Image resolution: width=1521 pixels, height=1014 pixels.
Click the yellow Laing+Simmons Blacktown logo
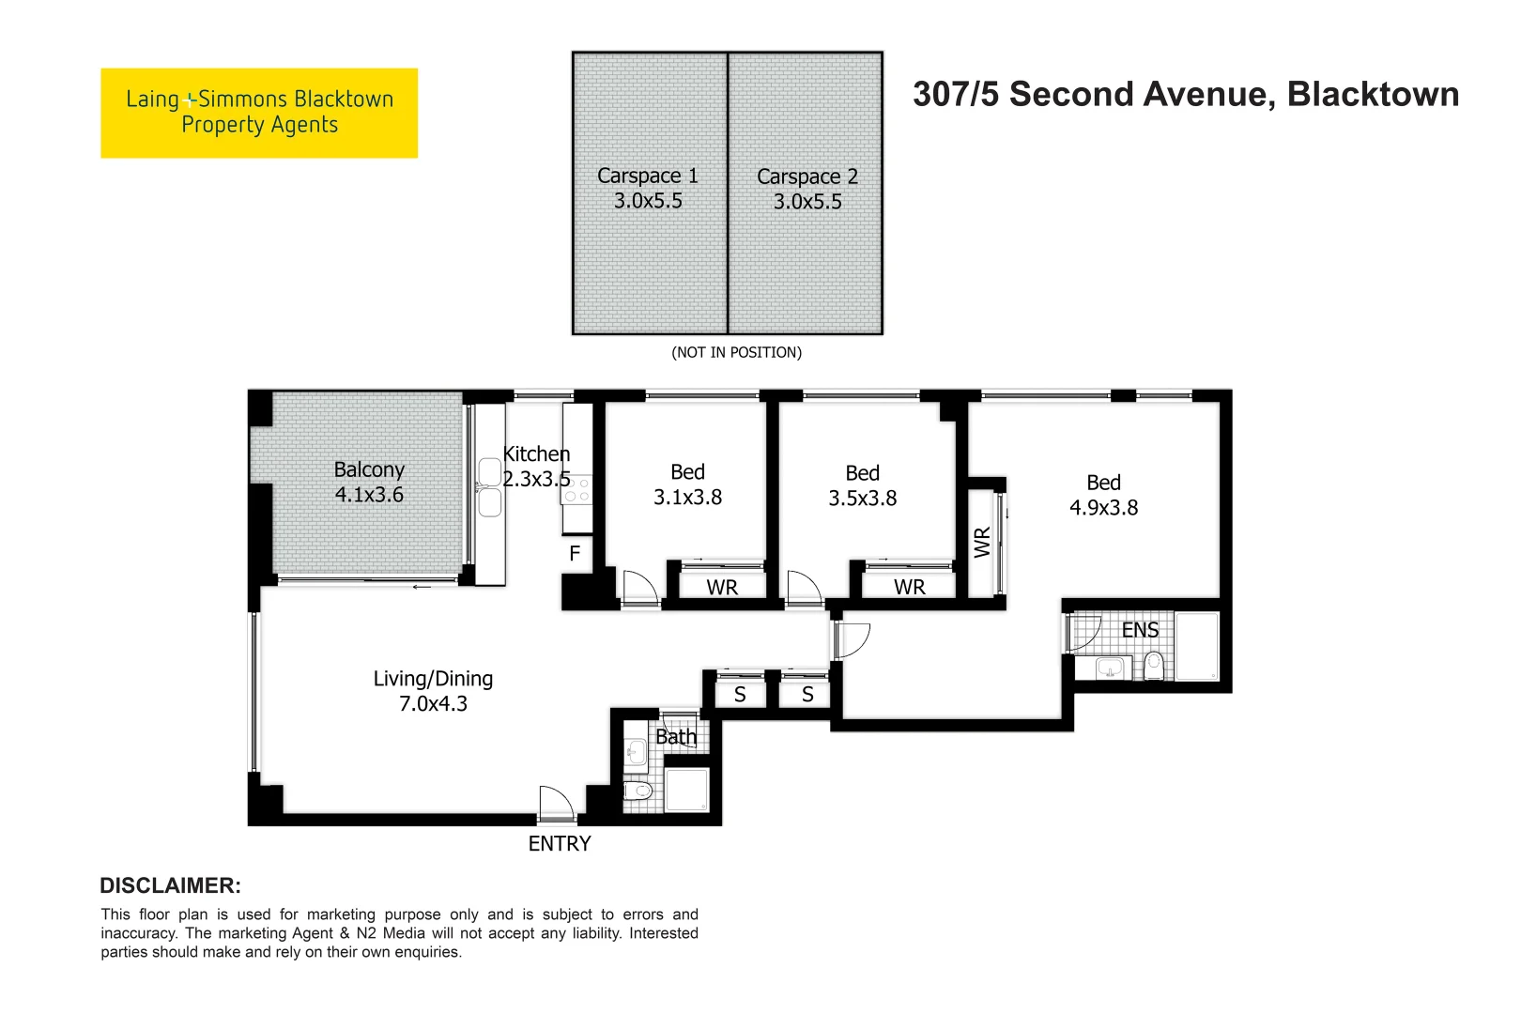[x=259, y=113]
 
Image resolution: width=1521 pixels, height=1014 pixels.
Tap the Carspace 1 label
[x=647, y=176]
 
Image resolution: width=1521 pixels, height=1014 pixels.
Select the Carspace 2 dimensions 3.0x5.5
[x=807, y=202]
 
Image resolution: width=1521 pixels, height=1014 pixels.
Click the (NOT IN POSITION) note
[x=736, y=352]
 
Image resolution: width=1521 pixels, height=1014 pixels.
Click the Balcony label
[x=369, y=469]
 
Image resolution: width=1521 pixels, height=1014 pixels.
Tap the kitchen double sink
[x=489, y=487]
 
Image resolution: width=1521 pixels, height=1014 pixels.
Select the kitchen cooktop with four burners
[x=577, y=489]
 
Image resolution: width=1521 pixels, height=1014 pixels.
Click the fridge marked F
[x=575, y=554]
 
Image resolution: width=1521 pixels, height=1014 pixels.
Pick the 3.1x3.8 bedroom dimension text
[x=687, y=498]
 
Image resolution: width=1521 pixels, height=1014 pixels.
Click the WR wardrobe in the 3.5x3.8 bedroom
[x=909, y=587]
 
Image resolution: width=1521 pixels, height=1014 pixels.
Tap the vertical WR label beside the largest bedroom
[x=982, y=542]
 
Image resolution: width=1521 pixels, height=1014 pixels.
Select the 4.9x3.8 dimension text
[x=1103, y=508]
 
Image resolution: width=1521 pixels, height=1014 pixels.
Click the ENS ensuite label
[x=1140, y=630]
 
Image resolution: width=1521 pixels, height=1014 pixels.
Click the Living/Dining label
[x=433, y=679]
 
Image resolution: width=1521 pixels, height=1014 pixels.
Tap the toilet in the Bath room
[x=638, y=791]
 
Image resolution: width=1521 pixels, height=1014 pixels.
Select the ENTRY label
[x=560, y=843]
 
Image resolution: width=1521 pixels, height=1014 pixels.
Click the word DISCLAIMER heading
[x=170, y=885]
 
